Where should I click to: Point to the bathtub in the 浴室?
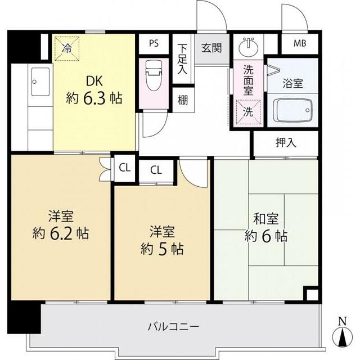pyautogui.click(x=292, y=107)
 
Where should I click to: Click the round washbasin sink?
pyautogui.click(x=248, y=45)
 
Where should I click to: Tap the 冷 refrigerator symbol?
pyautogui.click(x=66, y=48)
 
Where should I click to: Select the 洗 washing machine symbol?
pyautogui.click(x=247, y=111)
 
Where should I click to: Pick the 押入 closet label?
pyautogui.click(x=286, y=143)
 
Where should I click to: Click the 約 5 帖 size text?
pyautogui.click(x=161, y=247)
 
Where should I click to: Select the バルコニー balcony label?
pyautogui.click(x=173, y=326)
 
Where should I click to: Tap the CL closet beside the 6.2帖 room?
pyautogui.click(x=125, y=167)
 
